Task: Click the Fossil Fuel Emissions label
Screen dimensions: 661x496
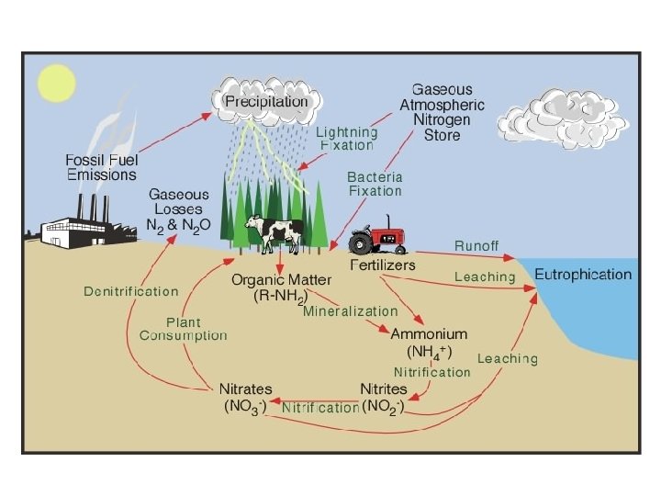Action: coord(101,166)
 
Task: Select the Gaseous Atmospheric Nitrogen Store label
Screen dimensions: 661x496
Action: coord(442,112)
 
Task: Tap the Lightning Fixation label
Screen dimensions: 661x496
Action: coord(346,139)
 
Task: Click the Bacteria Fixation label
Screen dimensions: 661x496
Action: coord(375,184)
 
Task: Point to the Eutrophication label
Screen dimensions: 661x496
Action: coord(583,275)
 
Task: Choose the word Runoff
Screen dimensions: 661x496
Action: coord(476,246)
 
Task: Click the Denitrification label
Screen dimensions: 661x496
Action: coord(131,291)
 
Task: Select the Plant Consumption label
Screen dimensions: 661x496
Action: coord(183,329)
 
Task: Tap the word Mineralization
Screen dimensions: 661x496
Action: coord(351,311)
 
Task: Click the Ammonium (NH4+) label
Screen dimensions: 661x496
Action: coord(429,342)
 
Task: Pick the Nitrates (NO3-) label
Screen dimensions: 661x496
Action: coord(246,396)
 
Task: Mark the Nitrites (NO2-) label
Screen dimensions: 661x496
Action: coord(384,397)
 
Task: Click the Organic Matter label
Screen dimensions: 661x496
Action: coord(280,287)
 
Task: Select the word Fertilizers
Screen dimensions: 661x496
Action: coord(383,265)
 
